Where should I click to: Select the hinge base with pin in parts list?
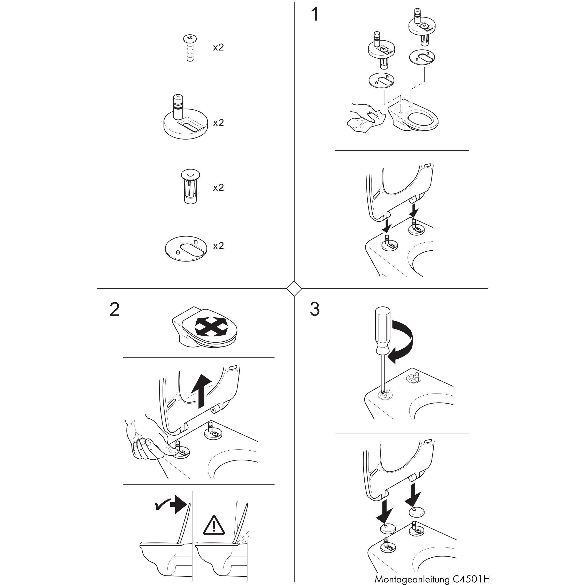click(x=186, y=121)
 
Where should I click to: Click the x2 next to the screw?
click(x=218, y=47)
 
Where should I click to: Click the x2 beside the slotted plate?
click(x=218, y=246)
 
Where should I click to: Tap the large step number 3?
click(x=315, y=310)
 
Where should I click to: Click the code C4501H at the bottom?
click(x=471, y=579)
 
